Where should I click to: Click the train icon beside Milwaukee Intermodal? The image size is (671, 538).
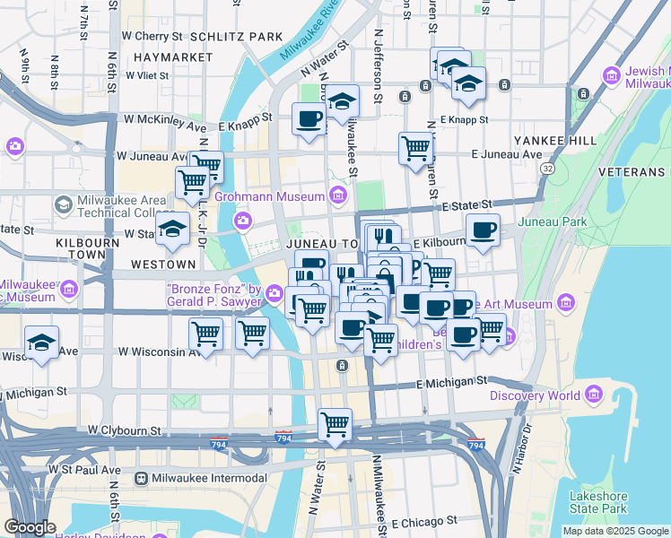coord(142,478)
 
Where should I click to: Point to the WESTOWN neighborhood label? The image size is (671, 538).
coord(162,265)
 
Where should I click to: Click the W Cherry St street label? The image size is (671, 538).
coord(152,37)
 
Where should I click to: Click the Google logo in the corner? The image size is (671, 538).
coord(30,527)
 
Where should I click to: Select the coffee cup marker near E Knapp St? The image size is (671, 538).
coord(309,118)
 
